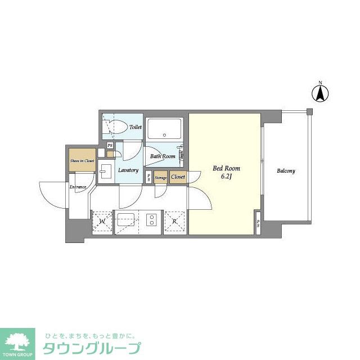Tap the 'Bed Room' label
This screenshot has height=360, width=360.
point(226,168)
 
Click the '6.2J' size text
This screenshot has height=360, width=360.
point(226,177)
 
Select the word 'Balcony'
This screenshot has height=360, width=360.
point(285,171)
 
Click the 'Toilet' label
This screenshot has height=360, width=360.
point(136,128)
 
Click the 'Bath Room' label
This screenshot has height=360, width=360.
point(162,156)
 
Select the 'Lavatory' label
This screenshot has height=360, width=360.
point(128,170)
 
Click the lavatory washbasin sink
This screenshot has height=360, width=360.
point(105,171)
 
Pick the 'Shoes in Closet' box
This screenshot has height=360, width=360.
point(82,160)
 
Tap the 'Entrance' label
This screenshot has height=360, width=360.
point(78,187)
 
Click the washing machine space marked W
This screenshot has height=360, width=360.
point(102,222)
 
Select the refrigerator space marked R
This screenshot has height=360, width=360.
point(175,222)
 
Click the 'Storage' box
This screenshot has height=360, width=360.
point(161,177)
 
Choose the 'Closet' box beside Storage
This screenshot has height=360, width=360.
point(178,177)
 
